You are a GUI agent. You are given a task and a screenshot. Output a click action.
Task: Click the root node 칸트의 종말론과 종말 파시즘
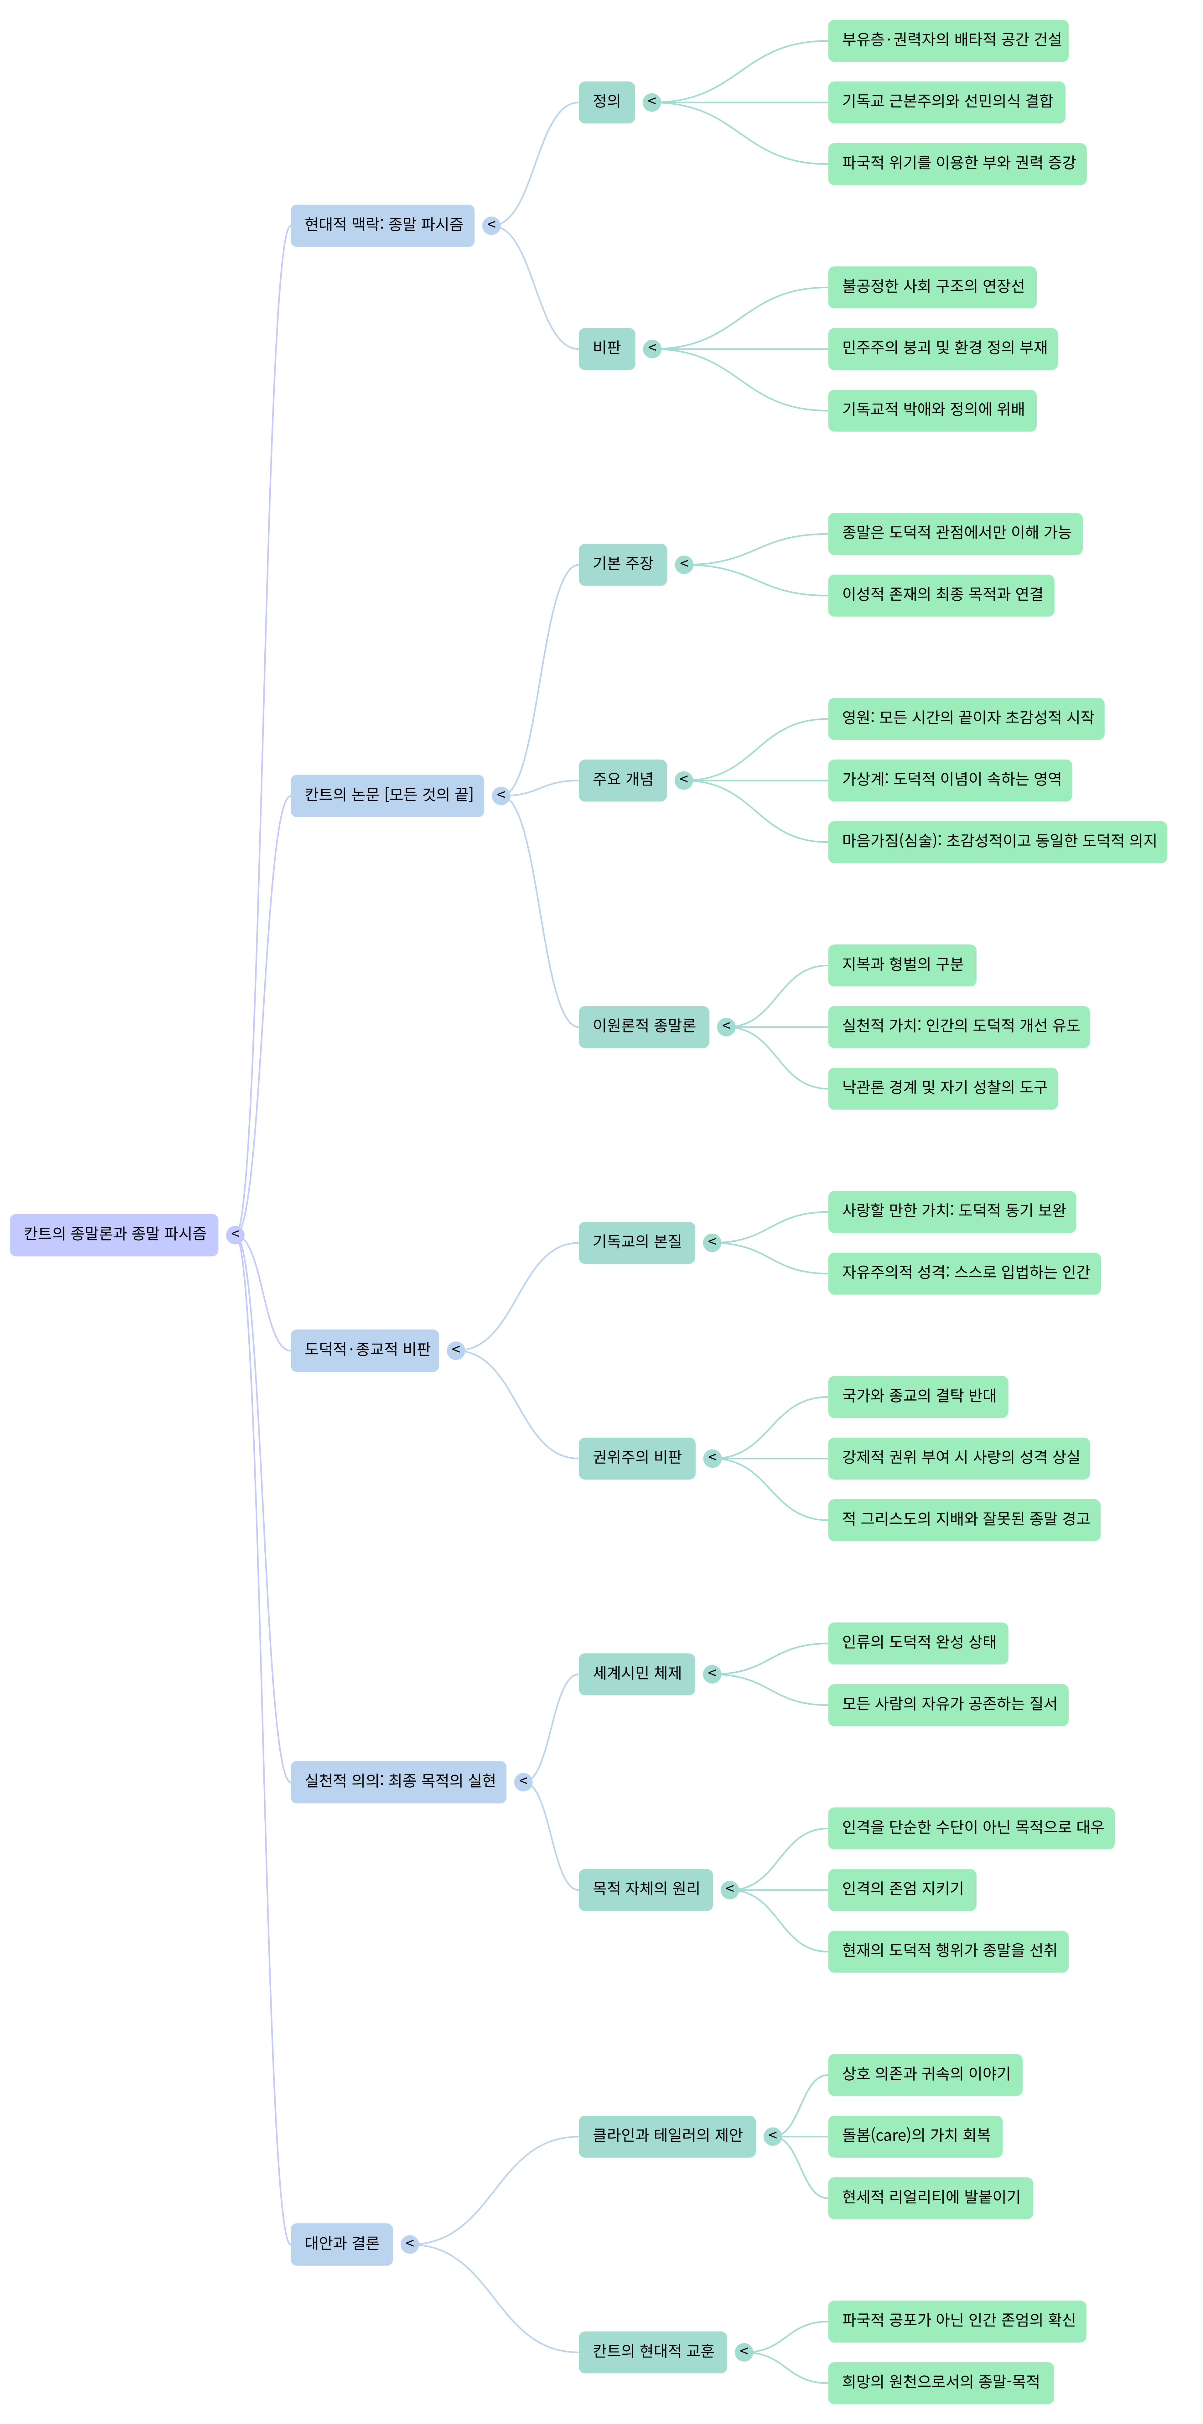[x=114, y=1234]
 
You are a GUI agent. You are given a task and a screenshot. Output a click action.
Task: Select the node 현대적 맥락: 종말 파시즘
[x=382, y=225]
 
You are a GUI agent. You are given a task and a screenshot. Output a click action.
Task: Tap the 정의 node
[x=606, y=102]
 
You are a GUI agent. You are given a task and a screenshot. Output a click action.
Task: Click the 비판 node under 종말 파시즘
[x=606, y=348]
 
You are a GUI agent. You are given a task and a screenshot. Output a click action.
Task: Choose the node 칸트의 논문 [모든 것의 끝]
[x=386, y=795]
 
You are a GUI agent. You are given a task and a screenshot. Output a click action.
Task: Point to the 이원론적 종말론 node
[x=643, y=1026]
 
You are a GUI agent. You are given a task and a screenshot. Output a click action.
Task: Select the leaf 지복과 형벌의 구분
[x=901, y=964]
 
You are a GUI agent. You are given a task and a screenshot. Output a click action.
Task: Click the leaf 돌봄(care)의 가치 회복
[x=914, y=2136]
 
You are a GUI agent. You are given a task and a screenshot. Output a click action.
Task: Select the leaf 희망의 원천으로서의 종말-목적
[x=940, y=2382]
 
